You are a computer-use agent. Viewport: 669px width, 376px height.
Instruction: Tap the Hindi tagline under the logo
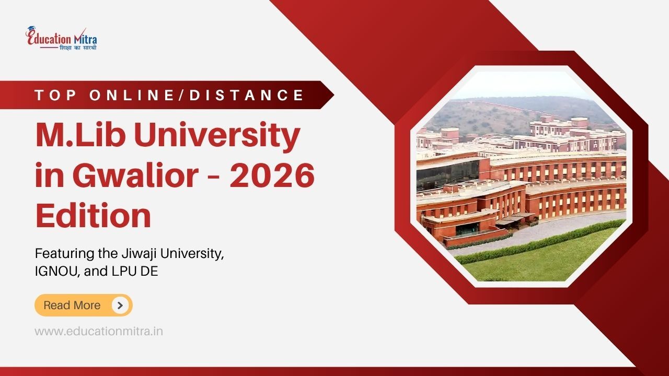tap(78, 48)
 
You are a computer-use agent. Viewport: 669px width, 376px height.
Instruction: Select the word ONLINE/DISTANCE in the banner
tap(197, 95)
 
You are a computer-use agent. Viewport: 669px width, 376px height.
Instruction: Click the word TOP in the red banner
tap(56, 95)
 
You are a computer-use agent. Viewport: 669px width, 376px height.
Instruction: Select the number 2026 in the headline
tap(272, 176)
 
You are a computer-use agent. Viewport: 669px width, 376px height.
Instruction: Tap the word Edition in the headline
tap(93, 216)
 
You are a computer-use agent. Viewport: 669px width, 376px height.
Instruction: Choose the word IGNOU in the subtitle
tap(53, 272)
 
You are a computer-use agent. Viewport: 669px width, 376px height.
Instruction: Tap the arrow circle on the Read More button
tap(120, 305)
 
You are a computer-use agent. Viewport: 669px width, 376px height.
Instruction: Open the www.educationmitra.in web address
tap(99, 331)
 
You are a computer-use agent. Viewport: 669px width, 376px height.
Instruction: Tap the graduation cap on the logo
tap(32, 30)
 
